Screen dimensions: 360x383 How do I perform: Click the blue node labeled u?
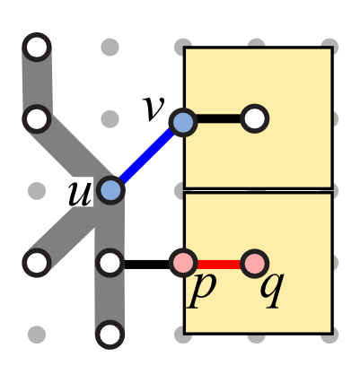tap(110, 190)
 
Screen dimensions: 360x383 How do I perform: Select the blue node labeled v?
tap(183, 122)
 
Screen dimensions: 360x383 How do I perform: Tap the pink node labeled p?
tap(183, 264)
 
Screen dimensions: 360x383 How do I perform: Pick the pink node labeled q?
tap(255, 264)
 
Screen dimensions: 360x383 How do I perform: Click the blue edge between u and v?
tap(146, 156)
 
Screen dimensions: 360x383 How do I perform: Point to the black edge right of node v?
tap(219, 118)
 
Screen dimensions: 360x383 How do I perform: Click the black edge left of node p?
tap(146, 265)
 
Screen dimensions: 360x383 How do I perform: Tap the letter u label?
tap(80, 194)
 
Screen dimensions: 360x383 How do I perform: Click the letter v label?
tap(154, 109)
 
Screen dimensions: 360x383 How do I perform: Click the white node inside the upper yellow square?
tap(255, 118)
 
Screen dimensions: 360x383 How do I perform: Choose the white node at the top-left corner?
tap(37, 48)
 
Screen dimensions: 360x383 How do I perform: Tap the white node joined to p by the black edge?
tap(110, 263)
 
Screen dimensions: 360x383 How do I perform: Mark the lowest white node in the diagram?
tap(110, 335)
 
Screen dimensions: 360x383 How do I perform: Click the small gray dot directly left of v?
tap(110, 119)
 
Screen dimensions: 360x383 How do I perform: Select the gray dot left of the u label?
tap(37, 191)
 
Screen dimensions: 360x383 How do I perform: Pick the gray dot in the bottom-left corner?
tap(37, 335)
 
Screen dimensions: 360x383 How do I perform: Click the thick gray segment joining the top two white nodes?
tap(37, 83)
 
